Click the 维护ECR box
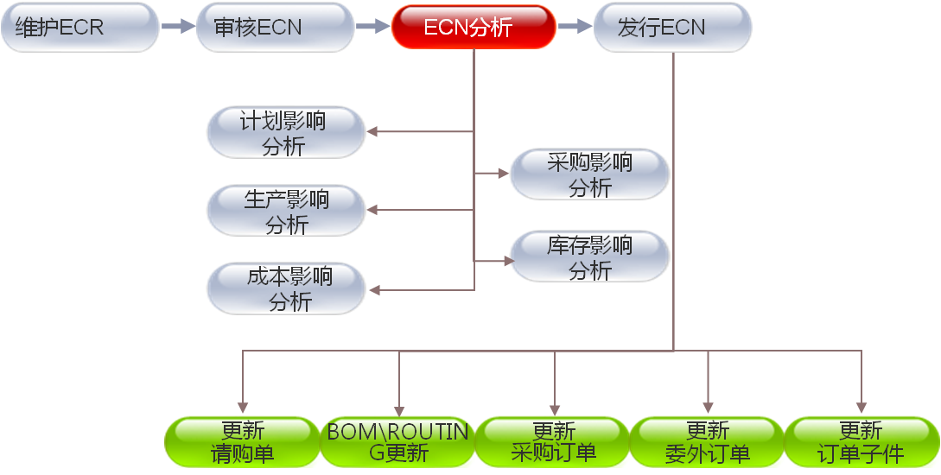click(x=79, y=27)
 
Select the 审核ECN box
click(x=275, y=27)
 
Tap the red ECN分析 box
click(x=473, y=27)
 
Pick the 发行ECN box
click(x=671, y=27)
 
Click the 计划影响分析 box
click(x=285, y=132)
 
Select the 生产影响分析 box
click(x=285, y=210)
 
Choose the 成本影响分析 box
click(x=285, y=288)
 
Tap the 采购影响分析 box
click(x=589, y=174)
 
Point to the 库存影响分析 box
click(x=589, y=256)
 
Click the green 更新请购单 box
click(x=243, y=442)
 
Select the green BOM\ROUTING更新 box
click(x=398, y=442)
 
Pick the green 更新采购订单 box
click(x=554, y=442)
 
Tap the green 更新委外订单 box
click(x=708, y=442)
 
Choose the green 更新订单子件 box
click(x=861, y=442)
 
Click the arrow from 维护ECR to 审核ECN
click(x=178, y=27)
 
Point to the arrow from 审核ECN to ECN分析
click(x=373, y=27)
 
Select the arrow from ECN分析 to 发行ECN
click(x=573, y=27)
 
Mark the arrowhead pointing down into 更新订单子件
click(x=861, y=408)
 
